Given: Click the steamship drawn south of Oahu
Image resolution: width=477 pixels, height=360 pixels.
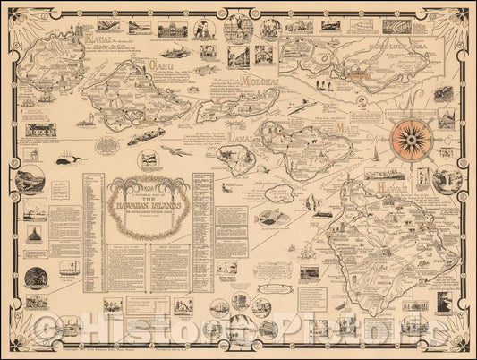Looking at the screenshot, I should tap(149, 142).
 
